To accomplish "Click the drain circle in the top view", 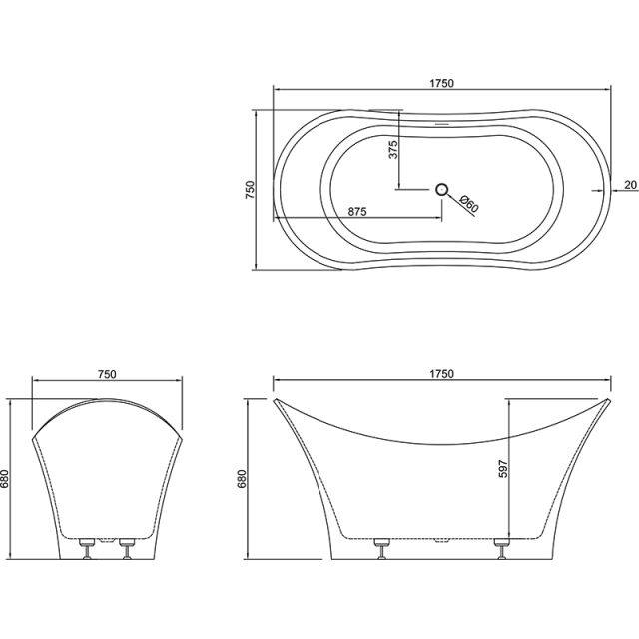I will coord(442,188).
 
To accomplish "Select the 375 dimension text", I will coord(393,150).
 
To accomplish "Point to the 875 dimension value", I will coord(360,211).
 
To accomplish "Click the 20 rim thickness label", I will coord(629,184).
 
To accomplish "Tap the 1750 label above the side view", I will coord(441,374).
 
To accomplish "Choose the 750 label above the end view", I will coord(108,374).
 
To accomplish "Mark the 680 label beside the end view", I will coord(7,480).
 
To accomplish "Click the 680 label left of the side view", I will coord(241,480).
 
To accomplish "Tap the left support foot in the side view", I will coord(380,547).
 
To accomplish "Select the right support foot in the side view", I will coord(502,547).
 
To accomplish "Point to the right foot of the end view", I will coord(127,547).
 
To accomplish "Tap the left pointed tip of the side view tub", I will coord(275,399).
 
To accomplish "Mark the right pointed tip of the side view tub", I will coord(609,399).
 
